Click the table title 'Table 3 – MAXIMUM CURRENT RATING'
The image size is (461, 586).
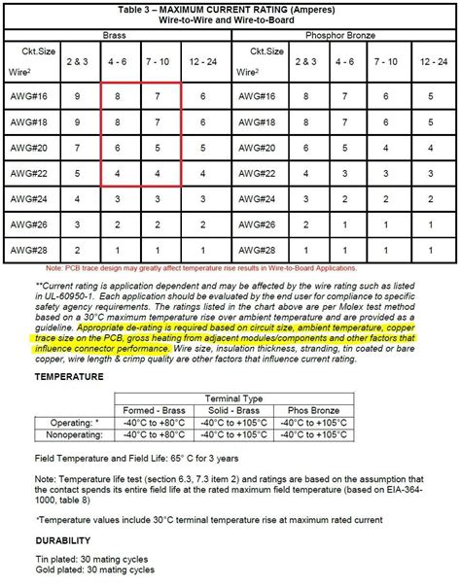(x=230, y=9)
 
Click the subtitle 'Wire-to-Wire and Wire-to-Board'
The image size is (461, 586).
(x=230, y=19)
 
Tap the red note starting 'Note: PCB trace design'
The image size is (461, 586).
(x=230, y=267)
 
